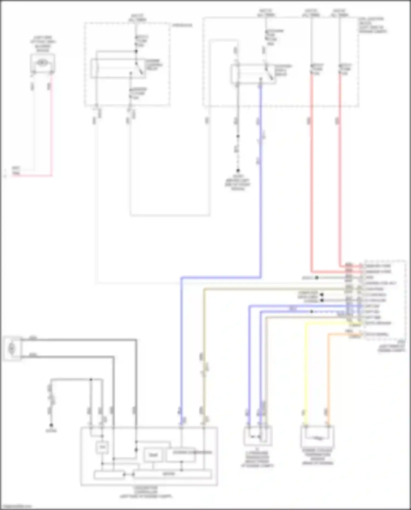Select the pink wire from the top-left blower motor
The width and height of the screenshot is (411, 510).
pyautogui.click(x=51, y=123)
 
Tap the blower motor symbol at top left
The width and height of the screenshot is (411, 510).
pyautogui.click(x=42, y=63)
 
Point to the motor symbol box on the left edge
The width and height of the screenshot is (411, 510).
pyautogui.click(x=12, y=348)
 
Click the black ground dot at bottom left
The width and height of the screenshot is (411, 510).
pyautogui.click(x=51, y=425)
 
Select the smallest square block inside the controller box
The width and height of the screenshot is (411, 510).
pyautogui.click(x=102, y=447)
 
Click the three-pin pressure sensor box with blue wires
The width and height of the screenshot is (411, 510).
pyautogui.click(x=258, y=435)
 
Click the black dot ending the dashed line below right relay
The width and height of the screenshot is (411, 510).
pyautogui.click(x=238, y=170)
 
